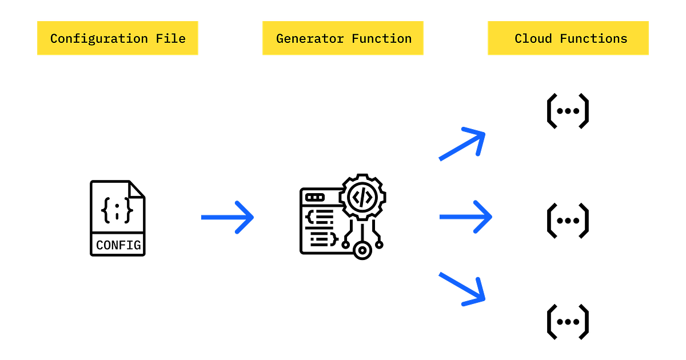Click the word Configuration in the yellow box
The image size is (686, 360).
(x=99, y=39)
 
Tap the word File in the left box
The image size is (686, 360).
(x=171, y=39)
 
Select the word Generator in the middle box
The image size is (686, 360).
(x=310, y=39)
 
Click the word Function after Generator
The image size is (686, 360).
(x=381, y=39)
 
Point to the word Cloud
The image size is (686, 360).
(x=533, y=39)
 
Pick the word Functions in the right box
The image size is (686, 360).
(x=593, y=39)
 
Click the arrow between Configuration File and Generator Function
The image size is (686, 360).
(x=227, y=217)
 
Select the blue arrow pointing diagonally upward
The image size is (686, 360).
(x=461, y=145)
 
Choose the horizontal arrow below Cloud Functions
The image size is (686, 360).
(x=465, y=217)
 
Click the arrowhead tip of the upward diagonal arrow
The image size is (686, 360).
(x=485, y=133)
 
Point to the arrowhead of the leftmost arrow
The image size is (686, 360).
(x=252, y=217)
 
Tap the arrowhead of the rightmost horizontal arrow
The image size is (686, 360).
(x=491, y=217)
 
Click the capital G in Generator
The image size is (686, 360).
(x=280, y=39)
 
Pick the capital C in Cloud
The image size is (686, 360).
(x=519, y=39)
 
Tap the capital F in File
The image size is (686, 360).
(x=160, y=39)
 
